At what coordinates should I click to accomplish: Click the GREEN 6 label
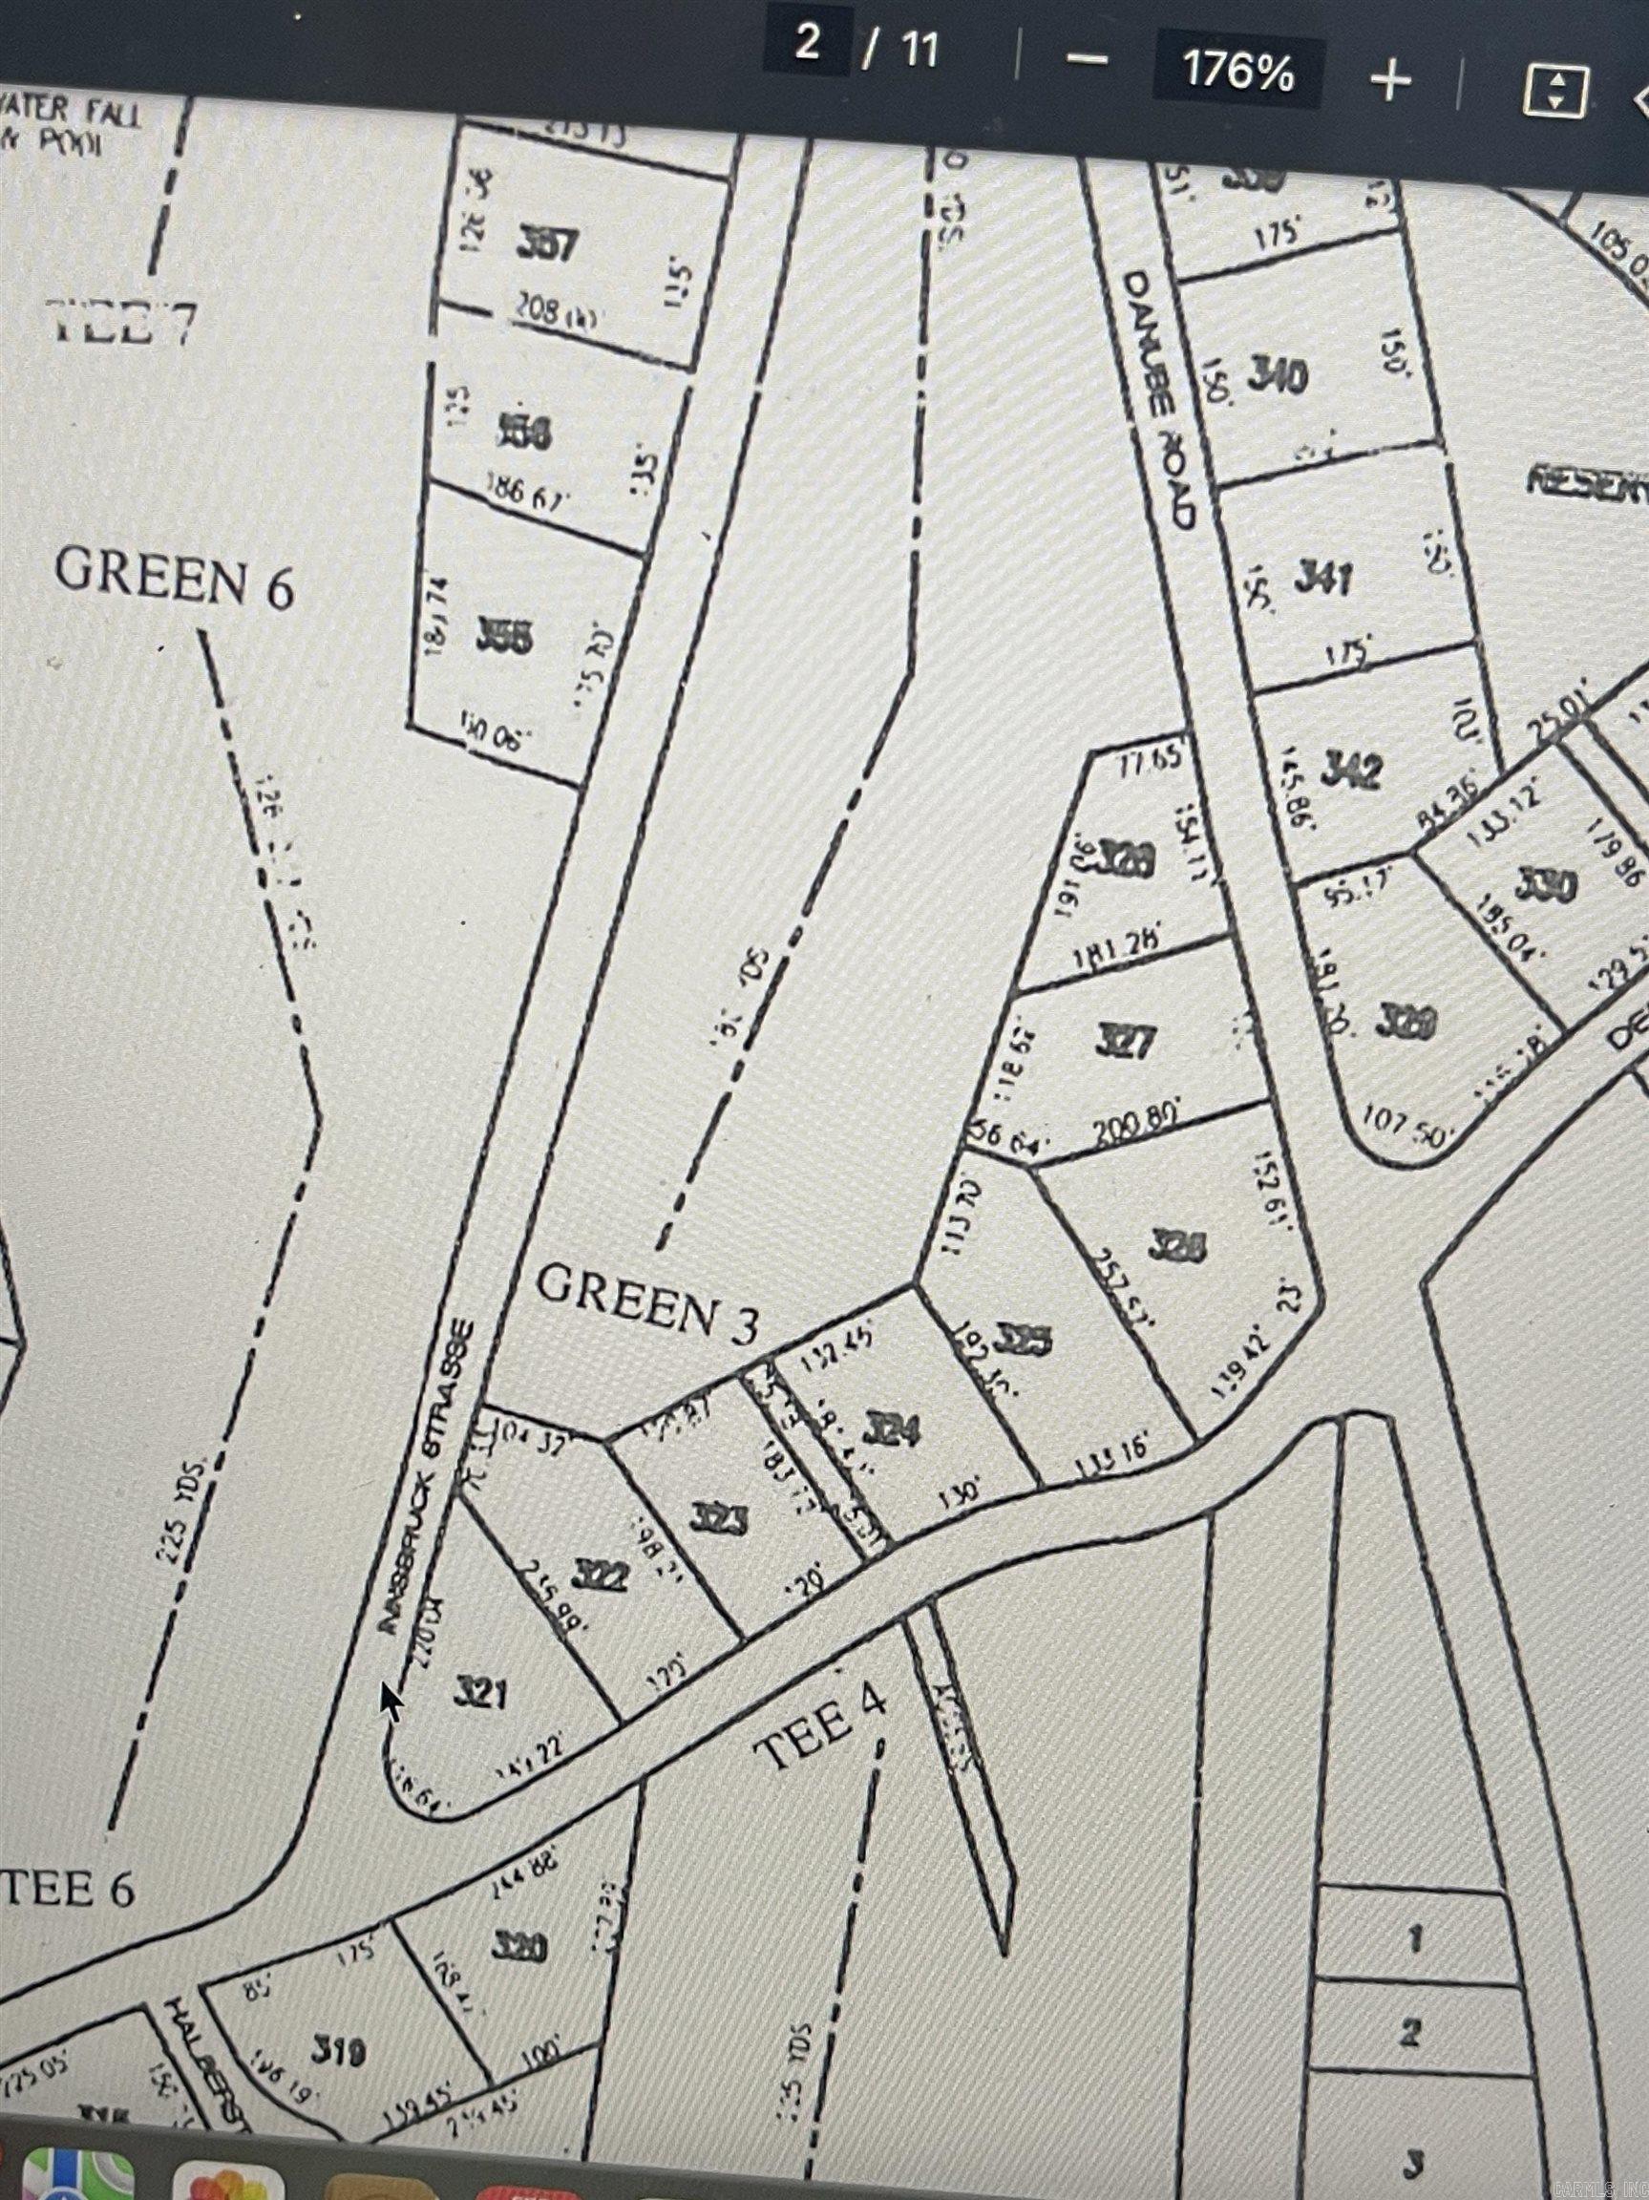(175, 578)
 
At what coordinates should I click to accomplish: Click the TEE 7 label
(123, 321)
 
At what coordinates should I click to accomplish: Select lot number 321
(480, 1691)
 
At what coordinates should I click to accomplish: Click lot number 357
(549, 243)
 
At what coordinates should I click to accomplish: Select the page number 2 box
(807, 45)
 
